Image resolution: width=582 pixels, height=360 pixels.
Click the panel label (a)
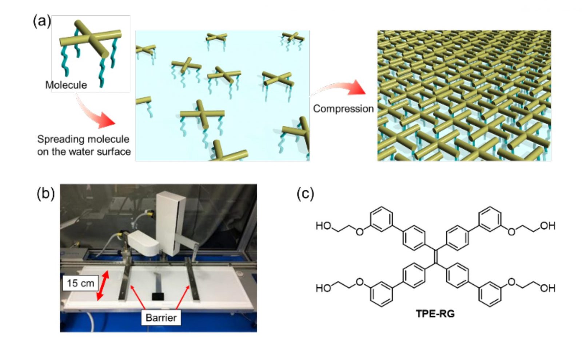41,21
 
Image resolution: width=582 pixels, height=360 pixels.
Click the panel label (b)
45,193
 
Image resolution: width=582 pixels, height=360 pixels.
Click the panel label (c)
305,194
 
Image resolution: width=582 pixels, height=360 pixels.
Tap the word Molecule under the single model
66,85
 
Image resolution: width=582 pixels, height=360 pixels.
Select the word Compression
343,108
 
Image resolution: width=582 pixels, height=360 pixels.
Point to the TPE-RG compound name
435,313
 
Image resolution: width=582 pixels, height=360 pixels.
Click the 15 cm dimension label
80,283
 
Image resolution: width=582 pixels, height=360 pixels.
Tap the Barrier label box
161,317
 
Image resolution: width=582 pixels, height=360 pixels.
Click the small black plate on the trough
158,296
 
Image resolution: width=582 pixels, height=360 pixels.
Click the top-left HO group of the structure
323,226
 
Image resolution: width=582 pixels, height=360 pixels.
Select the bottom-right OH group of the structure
547,288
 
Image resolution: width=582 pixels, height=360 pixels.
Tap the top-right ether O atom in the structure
511,231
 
